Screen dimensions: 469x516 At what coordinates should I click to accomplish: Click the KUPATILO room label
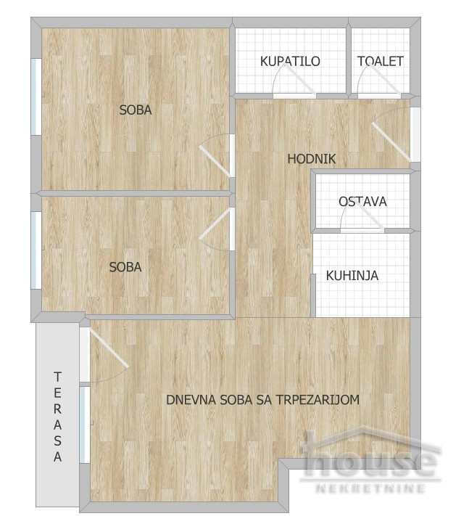coord(290,62)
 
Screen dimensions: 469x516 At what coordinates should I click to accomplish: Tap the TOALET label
coord(381,62)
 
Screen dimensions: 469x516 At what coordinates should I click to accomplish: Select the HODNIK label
coord(312,159)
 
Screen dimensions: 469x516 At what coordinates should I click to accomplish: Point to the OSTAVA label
coord(363,202)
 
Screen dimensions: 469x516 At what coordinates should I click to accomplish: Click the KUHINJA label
coord(352,276)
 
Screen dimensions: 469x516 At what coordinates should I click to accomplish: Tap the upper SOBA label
coord(136,110)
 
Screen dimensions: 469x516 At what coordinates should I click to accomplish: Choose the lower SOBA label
coord(125,267)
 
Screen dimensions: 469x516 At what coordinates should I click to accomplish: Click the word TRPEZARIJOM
coord(317,400)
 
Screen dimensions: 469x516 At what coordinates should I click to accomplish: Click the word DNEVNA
coord(191,400)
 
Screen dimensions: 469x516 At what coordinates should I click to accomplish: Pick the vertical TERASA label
coord(58,417)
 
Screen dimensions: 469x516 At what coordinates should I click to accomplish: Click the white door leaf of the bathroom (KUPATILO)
coord(300,79)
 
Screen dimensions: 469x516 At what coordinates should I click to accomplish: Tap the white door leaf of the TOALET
coord(384,80)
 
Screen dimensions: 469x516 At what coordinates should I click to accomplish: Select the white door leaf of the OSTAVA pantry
coord(370,216)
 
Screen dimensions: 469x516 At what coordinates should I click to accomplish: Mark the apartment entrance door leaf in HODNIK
coord(391,142)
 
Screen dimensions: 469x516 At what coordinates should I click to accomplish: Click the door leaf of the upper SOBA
coord(215,162)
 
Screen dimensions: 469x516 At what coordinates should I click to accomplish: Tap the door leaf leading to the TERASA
coord(109,348)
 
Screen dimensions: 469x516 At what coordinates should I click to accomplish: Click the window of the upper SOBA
coord(36,97)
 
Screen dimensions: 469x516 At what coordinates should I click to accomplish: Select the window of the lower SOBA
coord(36,250)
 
